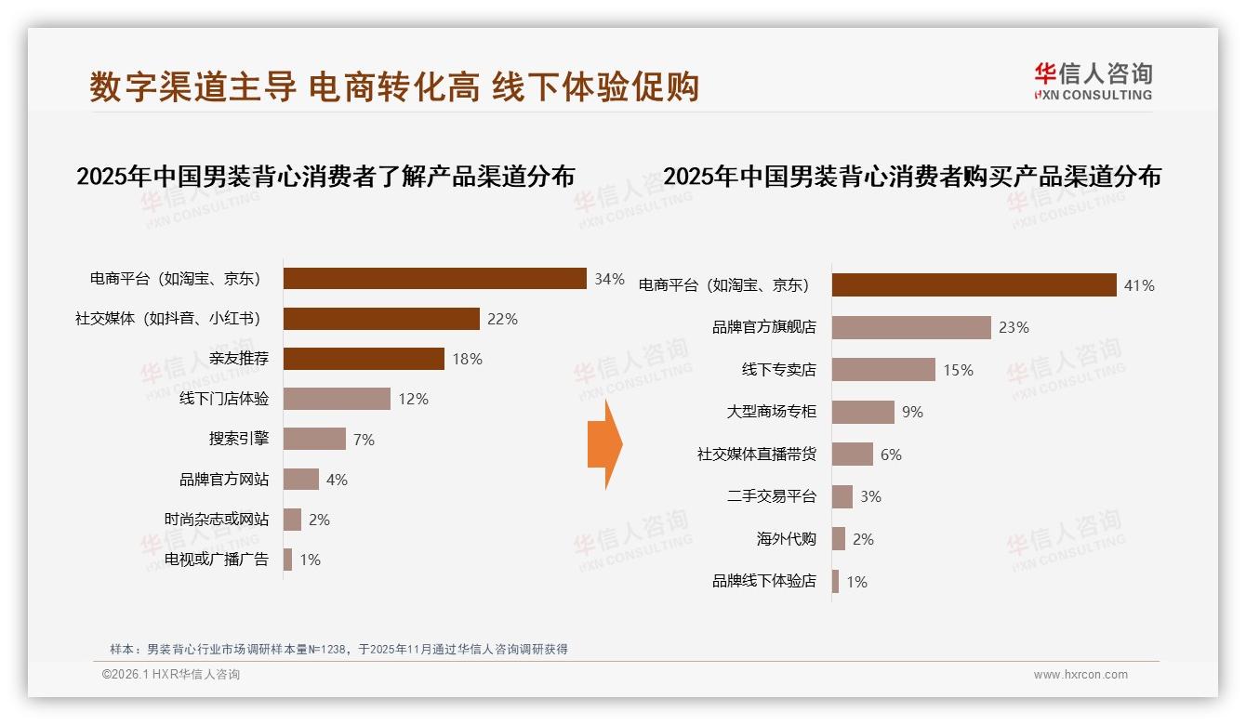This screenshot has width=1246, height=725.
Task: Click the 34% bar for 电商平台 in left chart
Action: click(x=434, y=279)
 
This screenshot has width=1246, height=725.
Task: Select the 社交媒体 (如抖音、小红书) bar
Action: click(x=381, y=319)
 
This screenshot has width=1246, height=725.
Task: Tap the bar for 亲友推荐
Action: click(x=364, y=359)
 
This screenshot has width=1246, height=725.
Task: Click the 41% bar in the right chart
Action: click(x=974, y=285)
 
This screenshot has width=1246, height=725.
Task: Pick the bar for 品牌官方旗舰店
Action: click(x=911, y=327)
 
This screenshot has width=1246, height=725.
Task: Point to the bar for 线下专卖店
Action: click(x=883, y=370)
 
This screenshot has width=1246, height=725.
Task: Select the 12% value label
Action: click(x=413, y=400)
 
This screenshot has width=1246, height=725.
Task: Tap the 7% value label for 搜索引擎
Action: click(x=364, y=440)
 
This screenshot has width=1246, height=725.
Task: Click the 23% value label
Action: click(x=1014, y=327)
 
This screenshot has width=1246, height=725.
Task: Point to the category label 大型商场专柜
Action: click(x=771, y=412)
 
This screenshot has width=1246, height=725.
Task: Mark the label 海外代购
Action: click(x=786, y=539)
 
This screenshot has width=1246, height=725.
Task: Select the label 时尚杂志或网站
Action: click(x=216, y=520)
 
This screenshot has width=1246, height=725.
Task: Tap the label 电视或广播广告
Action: click(x=216, y=560)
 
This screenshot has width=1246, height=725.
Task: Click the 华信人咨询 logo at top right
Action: click(x=1093, y=81)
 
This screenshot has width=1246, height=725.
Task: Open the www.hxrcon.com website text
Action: click(x=1080, y=675)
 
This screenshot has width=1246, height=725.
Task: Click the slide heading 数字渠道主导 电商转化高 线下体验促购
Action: click(x=394, y=87)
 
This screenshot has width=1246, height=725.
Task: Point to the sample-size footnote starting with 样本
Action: click(x=338, y=650)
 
